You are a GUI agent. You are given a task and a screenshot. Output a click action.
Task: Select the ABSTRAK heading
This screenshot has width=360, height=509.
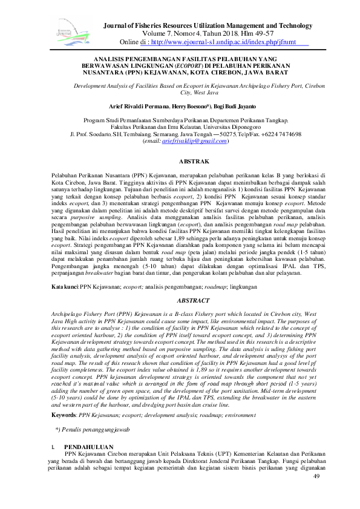[195, 162]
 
